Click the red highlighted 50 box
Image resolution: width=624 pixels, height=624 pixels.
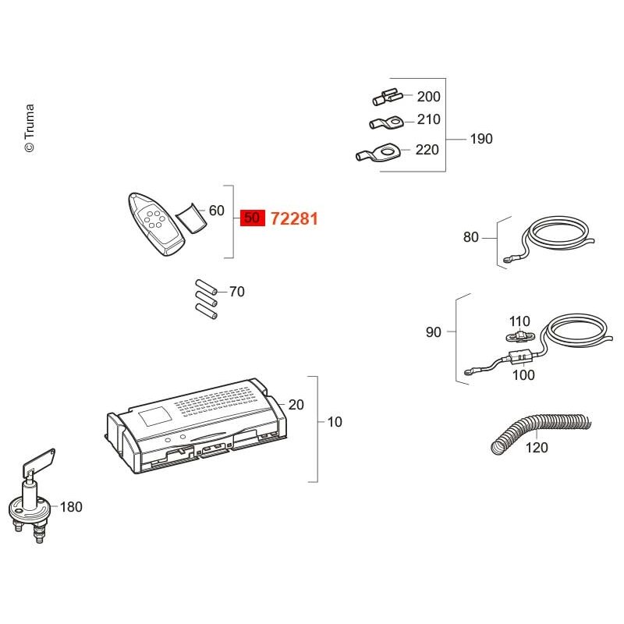pyautogui.click(x=252, y=218)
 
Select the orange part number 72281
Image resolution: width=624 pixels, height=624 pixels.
pyautogui.click(x=294, y=219)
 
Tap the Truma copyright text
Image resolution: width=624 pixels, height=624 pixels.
pyautogui.click(x=30, y=128)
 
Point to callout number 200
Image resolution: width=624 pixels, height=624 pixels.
pyautogui.click(x=428, y=96)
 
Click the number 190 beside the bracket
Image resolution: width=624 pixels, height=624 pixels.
pyautogui.click(x=481, y=139)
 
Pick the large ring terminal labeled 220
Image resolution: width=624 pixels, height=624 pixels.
pyautogui.click(x=378, y=151)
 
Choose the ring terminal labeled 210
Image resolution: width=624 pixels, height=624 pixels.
pyautogui.click(x=386, y=122)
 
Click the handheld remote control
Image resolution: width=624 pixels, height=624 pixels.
pyautogui.click(x=155, y=224)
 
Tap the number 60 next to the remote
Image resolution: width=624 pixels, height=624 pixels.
pyautogui.click(x=217, y=211)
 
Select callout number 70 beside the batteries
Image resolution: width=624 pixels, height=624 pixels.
pyautogui.click(x=237, y=292)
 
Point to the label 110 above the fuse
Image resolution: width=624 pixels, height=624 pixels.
pyautogui.click(x=519, y=321)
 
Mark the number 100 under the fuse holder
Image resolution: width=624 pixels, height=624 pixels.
pyautogui.click(x=523, y=374)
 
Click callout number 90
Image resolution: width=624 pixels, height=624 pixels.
pyautogui.click(x=434, y=332)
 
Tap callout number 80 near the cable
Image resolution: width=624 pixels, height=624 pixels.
pyautogui.click(x=471, y=237)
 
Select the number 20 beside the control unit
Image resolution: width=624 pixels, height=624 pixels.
pyautogui.click(x=296, y=405)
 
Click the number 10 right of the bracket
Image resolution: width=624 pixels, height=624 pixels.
pyautogui.click(x=335, y=422)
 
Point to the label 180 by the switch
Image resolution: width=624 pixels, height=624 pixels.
pyautogui.click(x=71, y=507)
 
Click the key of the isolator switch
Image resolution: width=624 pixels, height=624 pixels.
pyautogui.click(x=39, y=463)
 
